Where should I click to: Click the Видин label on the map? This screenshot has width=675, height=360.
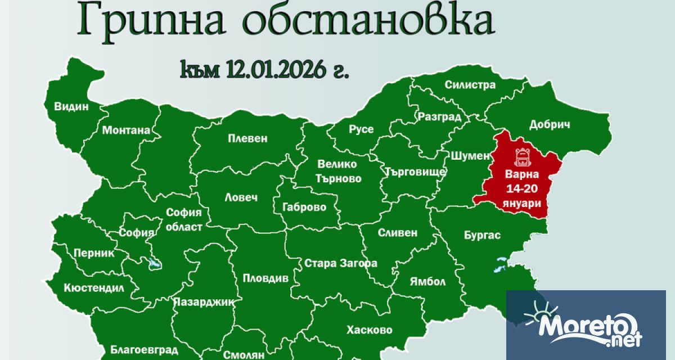click(71, 106)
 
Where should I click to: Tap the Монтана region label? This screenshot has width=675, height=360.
click(126, 130)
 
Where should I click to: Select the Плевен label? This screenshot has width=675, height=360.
click(247, 138)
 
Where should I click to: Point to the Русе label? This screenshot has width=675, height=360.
click(361, 129)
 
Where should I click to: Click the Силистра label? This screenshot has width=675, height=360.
click(470, 85)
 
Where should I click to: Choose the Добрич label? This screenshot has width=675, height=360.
click(550, 125)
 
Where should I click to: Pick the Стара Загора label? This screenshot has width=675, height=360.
click(340, 263)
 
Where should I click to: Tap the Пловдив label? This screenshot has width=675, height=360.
click(265, 278)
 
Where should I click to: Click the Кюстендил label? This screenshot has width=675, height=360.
click(93, 287)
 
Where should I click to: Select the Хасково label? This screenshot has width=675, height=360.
click(370, 330)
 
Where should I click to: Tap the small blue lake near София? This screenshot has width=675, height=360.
click(153, 263)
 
